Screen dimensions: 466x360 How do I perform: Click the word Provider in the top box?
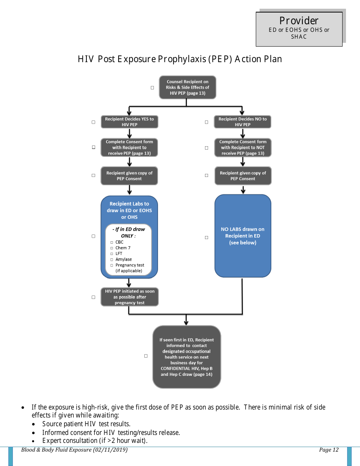(x=299, y=21)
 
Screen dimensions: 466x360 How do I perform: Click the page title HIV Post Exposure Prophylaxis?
(x=180, y=59)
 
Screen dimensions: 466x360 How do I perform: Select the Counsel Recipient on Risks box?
(x=188, y=88)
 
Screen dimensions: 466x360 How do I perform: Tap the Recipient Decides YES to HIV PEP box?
(x=129, y=122)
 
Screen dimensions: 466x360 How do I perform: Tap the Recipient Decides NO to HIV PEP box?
(x=243, y=122)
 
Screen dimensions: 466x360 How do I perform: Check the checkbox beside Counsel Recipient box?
(x=152, y=88)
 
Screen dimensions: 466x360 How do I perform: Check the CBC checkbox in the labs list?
(x=112, y=242)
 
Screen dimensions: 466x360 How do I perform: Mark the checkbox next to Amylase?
(x=112, y=260)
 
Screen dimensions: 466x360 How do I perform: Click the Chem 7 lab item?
(x=123, y=248)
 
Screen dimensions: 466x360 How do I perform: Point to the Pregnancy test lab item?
(x=130, y=265)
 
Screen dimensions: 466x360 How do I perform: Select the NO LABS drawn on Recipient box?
(x=243, y=236)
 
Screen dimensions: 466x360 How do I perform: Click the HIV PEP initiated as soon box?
(x=130, y=297)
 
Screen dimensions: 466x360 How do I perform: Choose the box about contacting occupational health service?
(x=186, y=357)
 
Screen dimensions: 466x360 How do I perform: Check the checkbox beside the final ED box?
(x=146, y=356)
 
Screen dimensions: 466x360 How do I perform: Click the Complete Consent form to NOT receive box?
(x=243, y=147)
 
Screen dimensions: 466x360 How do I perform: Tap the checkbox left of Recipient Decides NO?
(x=207, y=122)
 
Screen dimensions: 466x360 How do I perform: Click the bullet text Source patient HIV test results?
(x=86, y=424)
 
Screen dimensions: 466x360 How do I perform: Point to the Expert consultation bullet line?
(x=95, y=441)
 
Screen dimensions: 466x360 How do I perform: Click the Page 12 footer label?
(x=329, y=450)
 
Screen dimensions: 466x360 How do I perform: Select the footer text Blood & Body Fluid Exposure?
(x=74, y=450)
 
